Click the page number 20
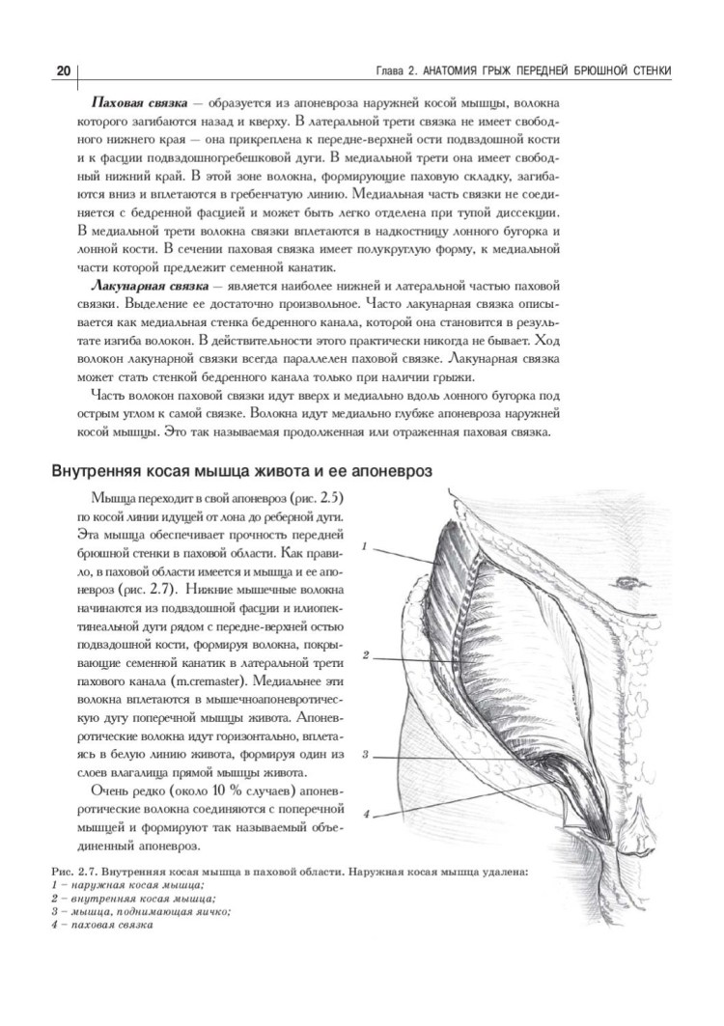point(63,71)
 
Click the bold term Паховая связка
point(136,101)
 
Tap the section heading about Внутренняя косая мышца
point(240,470)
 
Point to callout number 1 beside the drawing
point(366,546)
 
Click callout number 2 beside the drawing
point(367,655)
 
